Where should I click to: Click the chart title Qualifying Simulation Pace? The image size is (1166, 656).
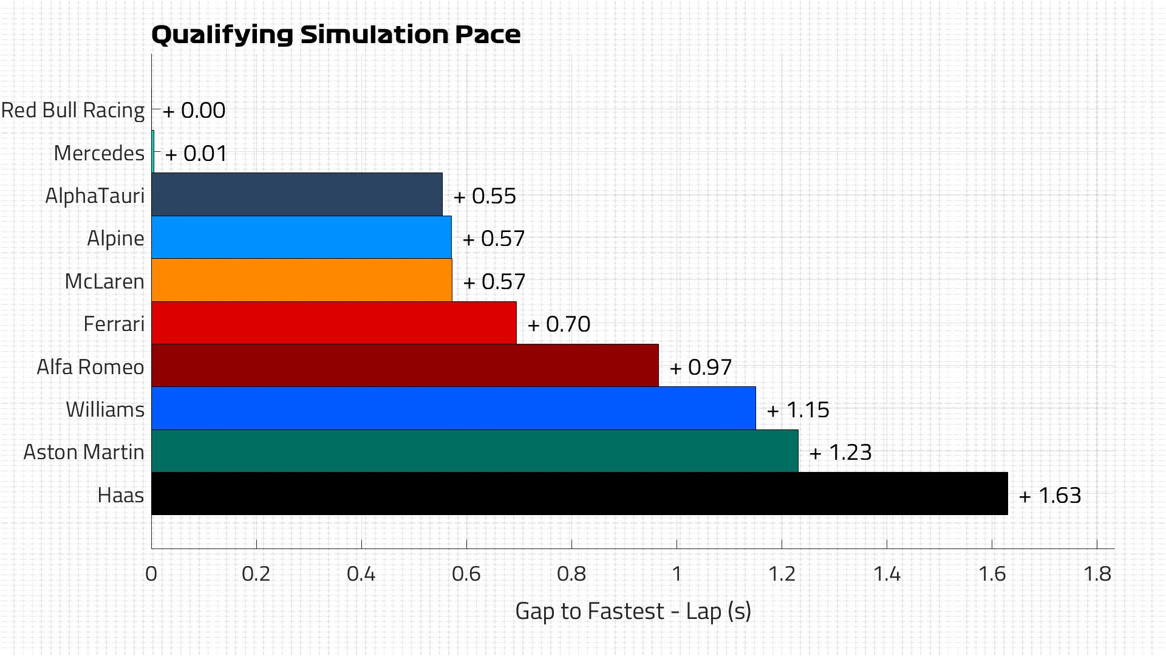[x=335, y=35]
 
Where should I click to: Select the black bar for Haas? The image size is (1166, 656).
[x=579, y=494]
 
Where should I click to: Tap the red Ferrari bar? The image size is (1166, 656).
[x=333, y=323]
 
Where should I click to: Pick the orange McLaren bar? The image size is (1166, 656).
[x=301, y=281]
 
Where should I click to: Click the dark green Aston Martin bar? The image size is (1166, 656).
[x=474, y=451]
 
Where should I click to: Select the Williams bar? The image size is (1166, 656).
[x=453, y=409]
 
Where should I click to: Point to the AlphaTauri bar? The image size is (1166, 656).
[x=296, y=195]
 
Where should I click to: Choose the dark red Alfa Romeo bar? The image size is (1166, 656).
[x=404, y=366]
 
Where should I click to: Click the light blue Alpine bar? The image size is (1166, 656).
[x=301, y=237]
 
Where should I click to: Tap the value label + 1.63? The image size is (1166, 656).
[x=1050, y=496]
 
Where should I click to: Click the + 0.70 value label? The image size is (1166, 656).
[x=559, y=324]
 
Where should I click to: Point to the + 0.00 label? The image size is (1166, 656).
[x=194, y=111]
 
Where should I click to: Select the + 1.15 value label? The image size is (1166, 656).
[x=798, y=410]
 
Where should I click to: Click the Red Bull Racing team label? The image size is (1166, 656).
[x=73, y=111]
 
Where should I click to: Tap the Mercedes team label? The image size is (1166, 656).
[x=99, y=153]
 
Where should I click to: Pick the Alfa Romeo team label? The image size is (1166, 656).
[x=90, y=367]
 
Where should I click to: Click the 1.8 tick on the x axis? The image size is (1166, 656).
[x=1097, y=574]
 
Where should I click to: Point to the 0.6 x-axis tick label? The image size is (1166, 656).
[x=466, y=574]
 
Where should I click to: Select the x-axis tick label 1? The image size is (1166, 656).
[x=676, y=574]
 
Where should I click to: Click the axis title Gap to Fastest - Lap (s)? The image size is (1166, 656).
[x=633, y=611]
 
